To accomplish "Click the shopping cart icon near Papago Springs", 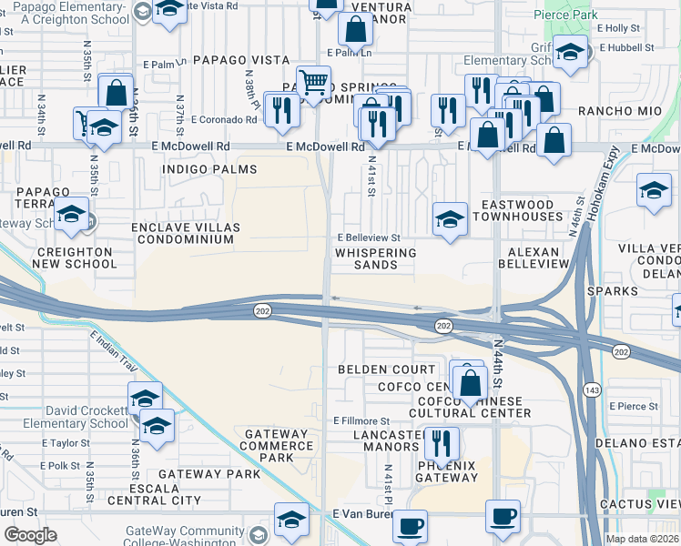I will tap(314, 83).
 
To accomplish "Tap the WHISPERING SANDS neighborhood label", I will tap(376, 258).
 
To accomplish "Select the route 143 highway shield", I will tap(589, 389).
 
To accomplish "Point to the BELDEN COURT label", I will tap(387, 369).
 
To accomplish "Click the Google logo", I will tap(30, 535).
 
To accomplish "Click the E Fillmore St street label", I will tap(361, 421).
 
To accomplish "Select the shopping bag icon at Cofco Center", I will tap(470, 383).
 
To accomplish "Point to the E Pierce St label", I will tap(635, 406).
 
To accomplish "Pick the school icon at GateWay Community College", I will tap(291, 520).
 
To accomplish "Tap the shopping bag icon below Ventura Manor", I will tap(355, 30).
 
